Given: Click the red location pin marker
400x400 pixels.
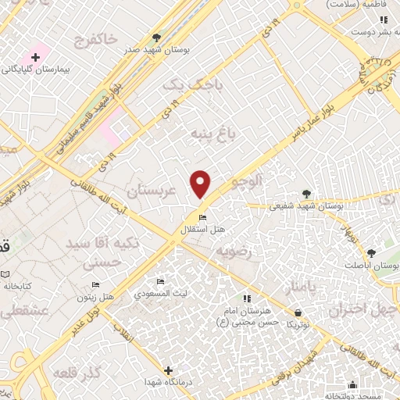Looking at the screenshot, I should pos(201,184).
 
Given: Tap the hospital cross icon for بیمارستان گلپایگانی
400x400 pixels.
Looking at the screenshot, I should pos(34,57).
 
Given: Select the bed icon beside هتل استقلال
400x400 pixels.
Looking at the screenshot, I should pos(202,217).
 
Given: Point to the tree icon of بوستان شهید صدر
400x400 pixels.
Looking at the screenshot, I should pos(157,37).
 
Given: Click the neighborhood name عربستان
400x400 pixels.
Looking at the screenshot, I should pos(154,190).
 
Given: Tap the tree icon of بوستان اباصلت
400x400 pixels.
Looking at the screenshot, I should pos(370,252).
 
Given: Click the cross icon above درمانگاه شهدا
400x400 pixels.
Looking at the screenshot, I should pos(168,370).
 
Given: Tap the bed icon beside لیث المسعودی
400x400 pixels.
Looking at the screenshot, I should pos(161,281).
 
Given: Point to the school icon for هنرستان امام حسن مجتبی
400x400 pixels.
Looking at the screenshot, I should pos(246,298).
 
